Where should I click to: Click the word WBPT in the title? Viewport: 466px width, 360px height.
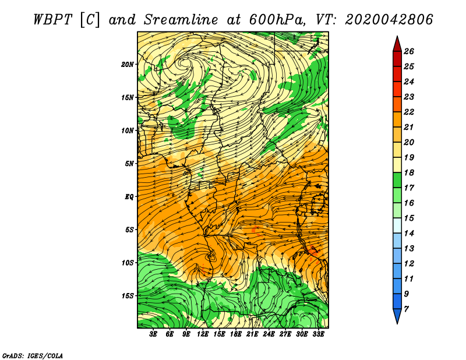53,20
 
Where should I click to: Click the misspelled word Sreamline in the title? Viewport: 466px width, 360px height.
181,20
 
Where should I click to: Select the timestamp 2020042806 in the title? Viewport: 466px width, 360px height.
389,20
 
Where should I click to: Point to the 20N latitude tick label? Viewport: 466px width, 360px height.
128,65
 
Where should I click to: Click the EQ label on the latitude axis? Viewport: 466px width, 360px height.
129,197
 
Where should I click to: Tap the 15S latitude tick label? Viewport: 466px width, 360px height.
128,296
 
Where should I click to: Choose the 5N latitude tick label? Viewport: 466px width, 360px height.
129,164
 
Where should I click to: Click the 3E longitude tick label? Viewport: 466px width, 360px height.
153,334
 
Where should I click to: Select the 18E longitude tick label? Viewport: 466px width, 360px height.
236,334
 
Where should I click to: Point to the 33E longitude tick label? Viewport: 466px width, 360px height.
318,334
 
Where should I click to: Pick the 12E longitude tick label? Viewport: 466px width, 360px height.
202,334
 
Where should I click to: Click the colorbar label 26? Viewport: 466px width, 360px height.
409,51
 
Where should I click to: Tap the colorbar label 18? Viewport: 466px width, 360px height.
409,172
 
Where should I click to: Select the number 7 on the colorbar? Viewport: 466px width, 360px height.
406,309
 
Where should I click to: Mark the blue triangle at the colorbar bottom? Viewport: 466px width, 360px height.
397,315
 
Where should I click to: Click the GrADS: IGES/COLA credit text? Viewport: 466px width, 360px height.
33,356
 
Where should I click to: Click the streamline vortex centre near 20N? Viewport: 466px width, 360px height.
183,63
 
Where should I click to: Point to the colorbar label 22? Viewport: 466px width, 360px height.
409,112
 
